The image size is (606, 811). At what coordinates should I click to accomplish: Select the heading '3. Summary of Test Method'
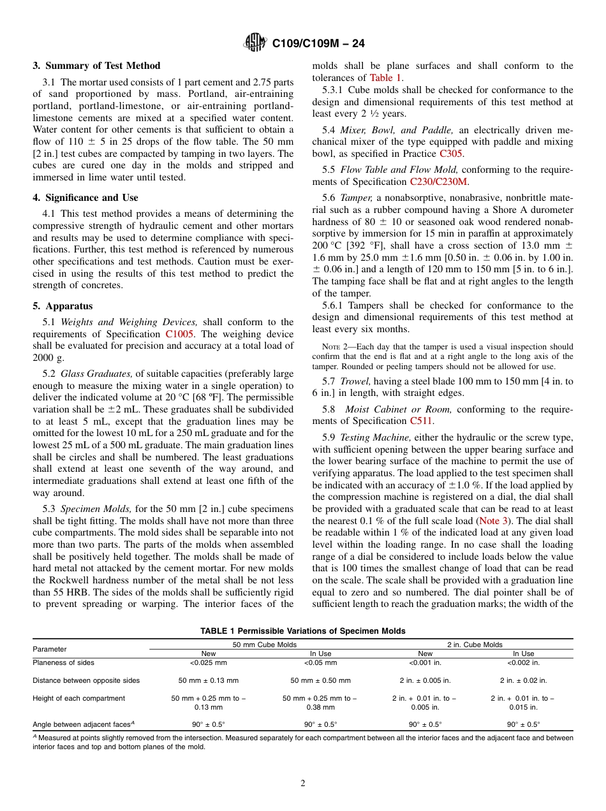click(96, 66)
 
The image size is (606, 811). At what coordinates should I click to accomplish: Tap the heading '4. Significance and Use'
click(85, 198)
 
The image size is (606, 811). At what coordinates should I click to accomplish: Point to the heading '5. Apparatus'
click(63, 306)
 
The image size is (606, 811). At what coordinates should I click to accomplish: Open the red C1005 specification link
click(179, 334)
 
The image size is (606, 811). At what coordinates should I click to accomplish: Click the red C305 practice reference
click(451, 154)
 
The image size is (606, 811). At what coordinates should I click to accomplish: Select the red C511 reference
click(420, 421)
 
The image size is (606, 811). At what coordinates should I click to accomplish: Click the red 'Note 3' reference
click(493, 521)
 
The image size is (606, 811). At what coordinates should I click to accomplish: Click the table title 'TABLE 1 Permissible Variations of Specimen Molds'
click(302, 631)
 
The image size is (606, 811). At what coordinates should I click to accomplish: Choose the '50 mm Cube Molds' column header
click(265, 645)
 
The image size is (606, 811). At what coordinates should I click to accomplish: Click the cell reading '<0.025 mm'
click(209, 662)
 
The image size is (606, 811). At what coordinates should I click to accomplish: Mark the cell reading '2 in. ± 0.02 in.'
click(523, 680)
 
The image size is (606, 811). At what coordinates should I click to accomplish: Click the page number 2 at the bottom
click(302, 784)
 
